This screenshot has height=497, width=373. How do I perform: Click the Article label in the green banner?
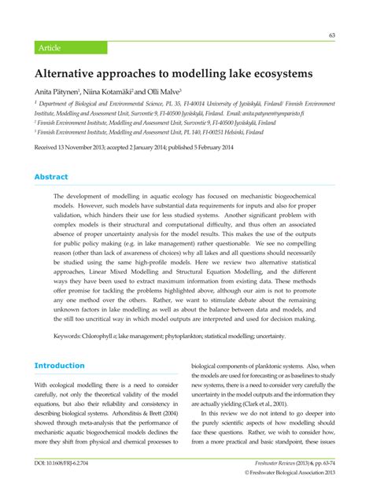[x=49, y=47]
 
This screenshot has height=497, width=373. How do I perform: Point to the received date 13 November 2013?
[x=85, y=147]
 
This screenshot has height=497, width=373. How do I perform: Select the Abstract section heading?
[x=50, y=177]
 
